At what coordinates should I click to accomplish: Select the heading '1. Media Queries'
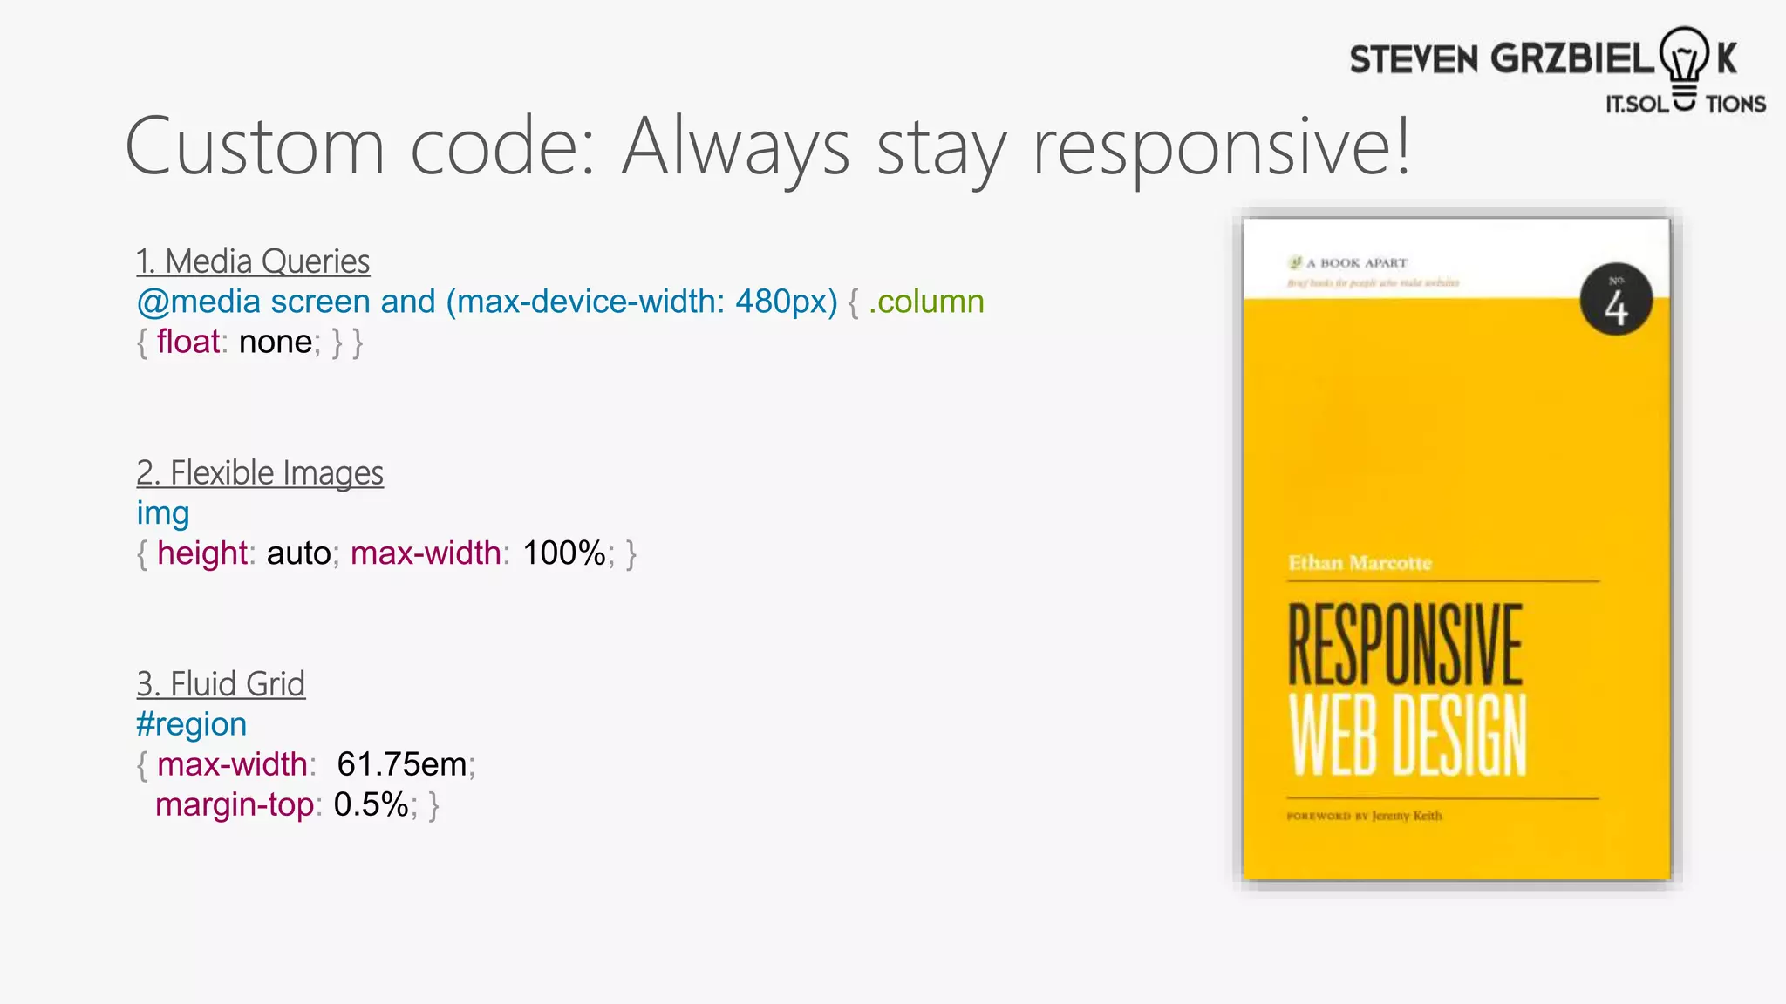pyautogui.click(x=253, y=261)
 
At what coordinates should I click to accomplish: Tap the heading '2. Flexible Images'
pyautogui.click(x=260, y=473)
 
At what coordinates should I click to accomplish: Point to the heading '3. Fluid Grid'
pyautogui.click(x=221, y=684)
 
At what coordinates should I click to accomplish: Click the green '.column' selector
pyautogui.click(x=926, y=302)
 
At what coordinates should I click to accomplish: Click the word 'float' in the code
pyautogui.click(x=187, y=342)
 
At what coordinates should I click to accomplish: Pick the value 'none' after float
pyautogui.click(x=276, y=342)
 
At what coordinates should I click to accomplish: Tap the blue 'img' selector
pyautogui.click(x=163, y=513)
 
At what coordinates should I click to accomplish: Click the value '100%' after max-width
pyautogui.click(x=564, y=553)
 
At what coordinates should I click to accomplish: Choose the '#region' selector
pyautogui.click(x=192, y=724)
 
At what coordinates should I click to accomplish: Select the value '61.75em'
pyautogui.click(x=402, y=764)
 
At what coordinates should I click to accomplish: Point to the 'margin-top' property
pyautogui.click(x=234, y=804)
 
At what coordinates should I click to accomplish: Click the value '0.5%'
pyautogui.click(x=371, y=804)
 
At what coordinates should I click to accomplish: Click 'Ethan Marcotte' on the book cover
pyautogui.click(x=1360, y=563)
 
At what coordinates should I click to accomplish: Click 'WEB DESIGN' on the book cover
pyautogui.click(x=1408, y=735)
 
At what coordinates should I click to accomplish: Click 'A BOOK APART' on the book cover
pyautogui.click(x=1363, y=263)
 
